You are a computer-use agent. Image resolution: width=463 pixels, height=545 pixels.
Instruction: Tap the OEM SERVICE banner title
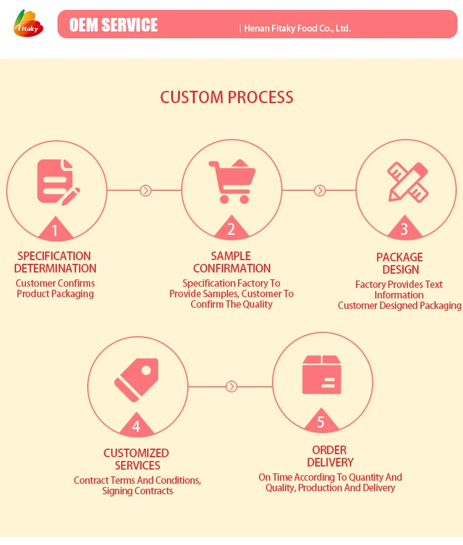(x=113, y=25)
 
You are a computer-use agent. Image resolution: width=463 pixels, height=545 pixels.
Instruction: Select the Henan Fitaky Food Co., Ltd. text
(x=297, y=28)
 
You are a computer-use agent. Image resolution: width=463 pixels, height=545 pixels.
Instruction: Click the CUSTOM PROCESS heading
(x=227, y=97)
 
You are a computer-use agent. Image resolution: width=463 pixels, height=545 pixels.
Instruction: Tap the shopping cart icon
(x=232, y=181)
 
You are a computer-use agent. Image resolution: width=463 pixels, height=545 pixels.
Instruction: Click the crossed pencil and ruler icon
(x=407, y=181)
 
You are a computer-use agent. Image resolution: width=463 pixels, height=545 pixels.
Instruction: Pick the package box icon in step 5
(x=321, y=375)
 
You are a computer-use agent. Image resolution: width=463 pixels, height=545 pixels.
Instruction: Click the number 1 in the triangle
(x=55, y=231)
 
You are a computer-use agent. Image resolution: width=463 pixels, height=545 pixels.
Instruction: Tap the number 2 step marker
(x=231, y=230)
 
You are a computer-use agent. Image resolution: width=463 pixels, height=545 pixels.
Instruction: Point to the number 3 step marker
(x=404, y=230)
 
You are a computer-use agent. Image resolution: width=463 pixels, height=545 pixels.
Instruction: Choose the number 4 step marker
(x=136, y=426)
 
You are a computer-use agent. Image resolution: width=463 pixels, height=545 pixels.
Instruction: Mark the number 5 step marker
(x=321, y=423)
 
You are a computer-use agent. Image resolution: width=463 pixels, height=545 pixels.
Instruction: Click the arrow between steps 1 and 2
(x=146, y=190)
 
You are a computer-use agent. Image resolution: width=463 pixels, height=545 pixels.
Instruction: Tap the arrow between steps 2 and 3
(x=320, y=190)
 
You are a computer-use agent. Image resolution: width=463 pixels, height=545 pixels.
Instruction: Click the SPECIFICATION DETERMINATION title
(x=55, y=262)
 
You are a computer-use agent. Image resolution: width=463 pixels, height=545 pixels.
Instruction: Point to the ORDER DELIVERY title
(x=330, y=456)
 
